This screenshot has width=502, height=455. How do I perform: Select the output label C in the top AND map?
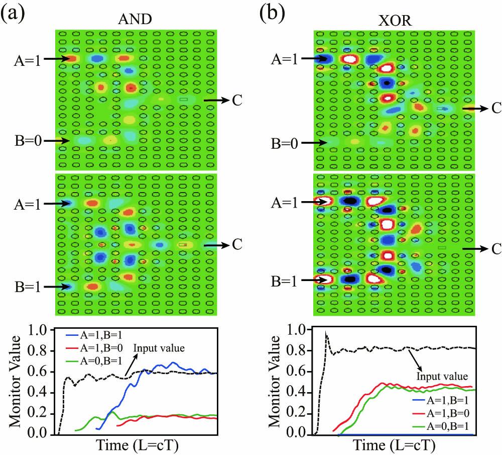pyautogui.click(x=236, y=101)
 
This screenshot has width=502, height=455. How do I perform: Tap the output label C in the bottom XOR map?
pyautogui.click(x=494, y=248)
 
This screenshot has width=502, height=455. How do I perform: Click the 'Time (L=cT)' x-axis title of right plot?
pyautogui.click(x=394, y=446)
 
